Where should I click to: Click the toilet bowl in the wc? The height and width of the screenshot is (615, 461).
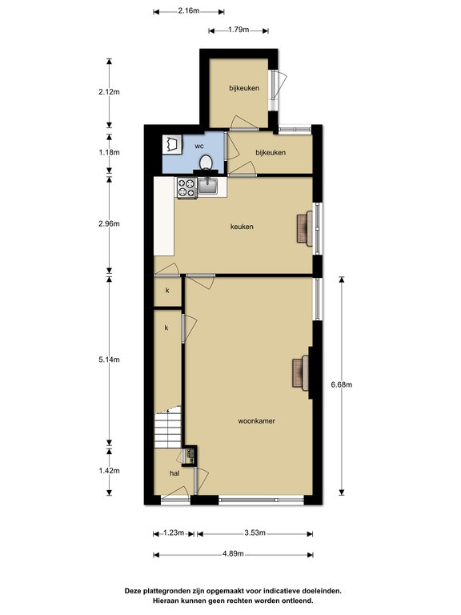(x=206, y=163)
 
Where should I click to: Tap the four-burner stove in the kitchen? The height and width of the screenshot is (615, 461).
(x=186, y=187)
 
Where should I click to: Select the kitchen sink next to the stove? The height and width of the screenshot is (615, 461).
(x=208, y=186)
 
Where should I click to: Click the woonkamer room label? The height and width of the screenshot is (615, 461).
(x=256, y=421)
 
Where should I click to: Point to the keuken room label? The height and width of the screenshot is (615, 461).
(x=242, y=227)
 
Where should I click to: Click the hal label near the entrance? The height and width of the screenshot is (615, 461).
(x=174, y=473)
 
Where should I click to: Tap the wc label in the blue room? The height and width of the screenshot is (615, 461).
(x=199, y=146)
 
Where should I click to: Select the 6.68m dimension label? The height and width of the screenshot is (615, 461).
(x=342, y=384)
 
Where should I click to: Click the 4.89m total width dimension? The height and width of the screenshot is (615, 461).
(x=233, y=554)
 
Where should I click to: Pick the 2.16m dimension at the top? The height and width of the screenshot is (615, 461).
(x=189, y=10)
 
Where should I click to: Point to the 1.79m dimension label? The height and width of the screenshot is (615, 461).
(x=239, y=30)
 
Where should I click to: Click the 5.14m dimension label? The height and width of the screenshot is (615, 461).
(x=109, y=360)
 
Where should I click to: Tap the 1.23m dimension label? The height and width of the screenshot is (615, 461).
(x=174, y=533)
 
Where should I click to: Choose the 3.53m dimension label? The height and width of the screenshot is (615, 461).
(x=255, y=533)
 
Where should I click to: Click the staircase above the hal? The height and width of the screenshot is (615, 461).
(x=168, y=428)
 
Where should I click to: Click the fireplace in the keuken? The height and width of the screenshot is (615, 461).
(x=305, y=228)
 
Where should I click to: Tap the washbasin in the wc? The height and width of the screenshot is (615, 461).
(x=173, y=144)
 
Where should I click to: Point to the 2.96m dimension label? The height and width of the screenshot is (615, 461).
(x=109, y=223)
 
